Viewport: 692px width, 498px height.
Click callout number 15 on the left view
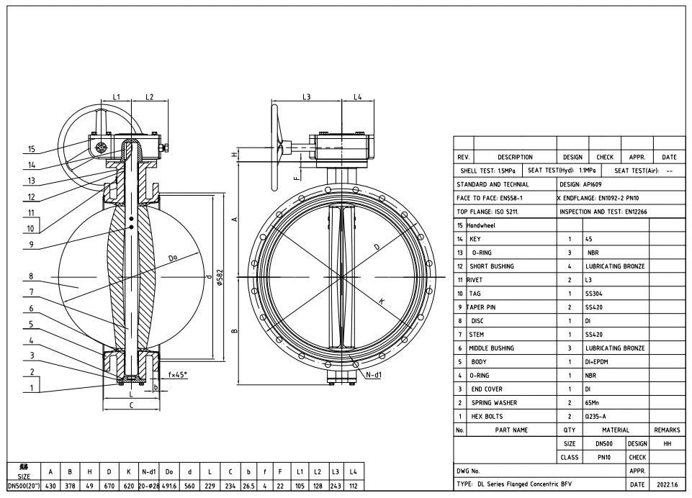pos(31,150)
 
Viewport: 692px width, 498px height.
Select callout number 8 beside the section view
pos(31,276)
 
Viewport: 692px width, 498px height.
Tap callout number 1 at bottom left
pos(31,386)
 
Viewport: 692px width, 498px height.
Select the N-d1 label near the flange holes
pos(374,375)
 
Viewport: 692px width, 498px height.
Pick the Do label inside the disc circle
pos(173,258)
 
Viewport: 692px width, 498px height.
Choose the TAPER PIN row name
pos(482,307)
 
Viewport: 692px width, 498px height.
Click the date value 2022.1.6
pos(667,484)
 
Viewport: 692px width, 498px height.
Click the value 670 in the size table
pos(109,486)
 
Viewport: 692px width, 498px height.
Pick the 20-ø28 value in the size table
pos(149,486)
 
